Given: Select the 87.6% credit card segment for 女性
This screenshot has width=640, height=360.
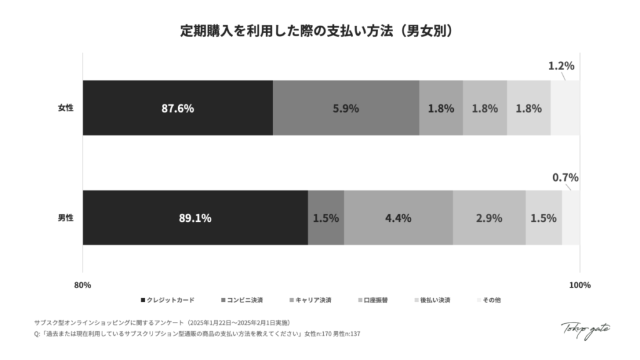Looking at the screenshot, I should (x=177, y=107).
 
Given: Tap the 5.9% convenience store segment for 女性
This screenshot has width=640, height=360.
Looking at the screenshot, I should (x=346, y=107).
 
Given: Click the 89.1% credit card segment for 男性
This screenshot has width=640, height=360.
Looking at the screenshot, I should (x=195, y=217).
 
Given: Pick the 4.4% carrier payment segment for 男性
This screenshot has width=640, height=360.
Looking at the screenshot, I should (x=398, y=217).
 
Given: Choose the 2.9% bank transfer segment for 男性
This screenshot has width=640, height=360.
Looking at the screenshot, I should (x=489, y=217).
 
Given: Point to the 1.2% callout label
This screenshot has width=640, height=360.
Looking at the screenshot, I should (x=561, y=66).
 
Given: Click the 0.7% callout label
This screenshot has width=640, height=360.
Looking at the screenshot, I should (x=565, y=177).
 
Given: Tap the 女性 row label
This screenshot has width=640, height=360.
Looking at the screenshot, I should (x=66, y=107).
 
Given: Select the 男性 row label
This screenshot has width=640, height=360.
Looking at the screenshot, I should (x=66, y=217).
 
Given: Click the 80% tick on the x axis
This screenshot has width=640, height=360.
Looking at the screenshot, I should (x=82, y=285).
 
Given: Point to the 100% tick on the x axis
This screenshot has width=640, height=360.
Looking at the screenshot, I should (x=580, y=285).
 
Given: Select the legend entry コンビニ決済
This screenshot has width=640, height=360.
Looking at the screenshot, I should (x=241, y=300).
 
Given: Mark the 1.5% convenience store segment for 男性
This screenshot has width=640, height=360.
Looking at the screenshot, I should (x=326, y=217).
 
